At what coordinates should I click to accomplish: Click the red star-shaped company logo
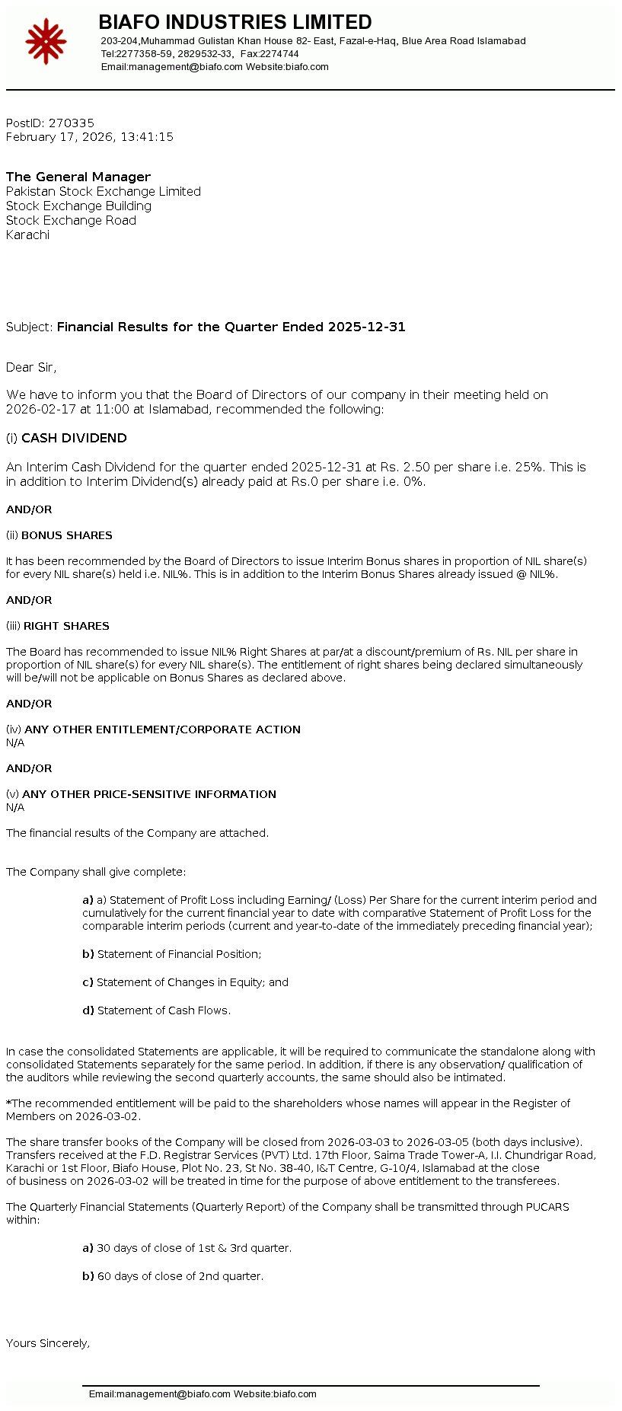46,42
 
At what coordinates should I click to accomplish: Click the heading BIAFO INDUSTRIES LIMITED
235,22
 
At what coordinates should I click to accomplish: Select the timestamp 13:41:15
147,137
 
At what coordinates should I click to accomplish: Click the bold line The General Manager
78,177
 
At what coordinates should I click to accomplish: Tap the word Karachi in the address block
27,235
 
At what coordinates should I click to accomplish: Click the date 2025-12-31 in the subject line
366,327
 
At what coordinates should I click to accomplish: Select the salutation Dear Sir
30,367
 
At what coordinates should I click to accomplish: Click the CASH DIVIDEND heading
74,438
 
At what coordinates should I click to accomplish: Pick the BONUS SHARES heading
67,535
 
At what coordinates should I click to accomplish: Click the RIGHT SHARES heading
66,626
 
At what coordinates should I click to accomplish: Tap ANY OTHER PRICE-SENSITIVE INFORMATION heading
149,794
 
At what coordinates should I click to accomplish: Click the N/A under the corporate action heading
15,742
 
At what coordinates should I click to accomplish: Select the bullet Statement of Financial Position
179,954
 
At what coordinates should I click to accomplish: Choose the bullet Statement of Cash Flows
164,1010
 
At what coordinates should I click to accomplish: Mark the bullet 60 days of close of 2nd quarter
180,1276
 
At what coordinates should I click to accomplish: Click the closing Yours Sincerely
48,1343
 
